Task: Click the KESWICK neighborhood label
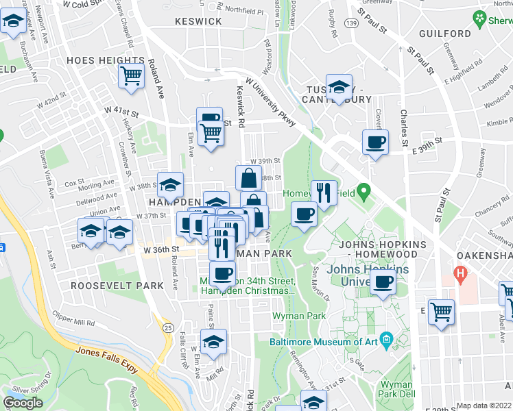pyautogui.click(x=198, y=21)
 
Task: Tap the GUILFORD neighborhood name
pyautogui.click(x=442, y=34)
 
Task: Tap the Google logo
pyautogui.click(x=23, y=403)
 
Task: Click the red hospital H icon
pyautogui.click(x=461, y=276)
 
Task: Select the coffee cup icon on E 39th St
pyautogui.click(x=375, y=142)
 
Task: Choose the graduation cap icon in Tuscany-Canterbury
pyautogui.click(x=338, y=87)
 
